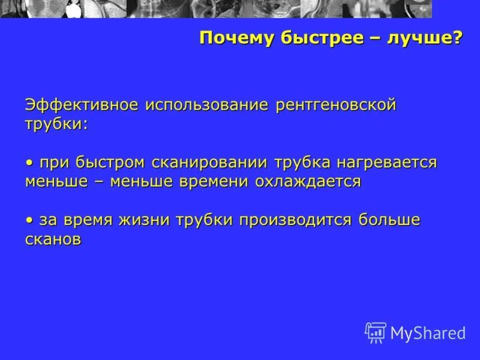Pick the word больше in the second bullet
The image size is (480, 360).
click(390, 220)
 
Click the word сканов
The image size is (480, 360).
click(53, 239)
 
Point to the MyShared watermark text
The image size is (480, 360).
click(428, 334)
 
